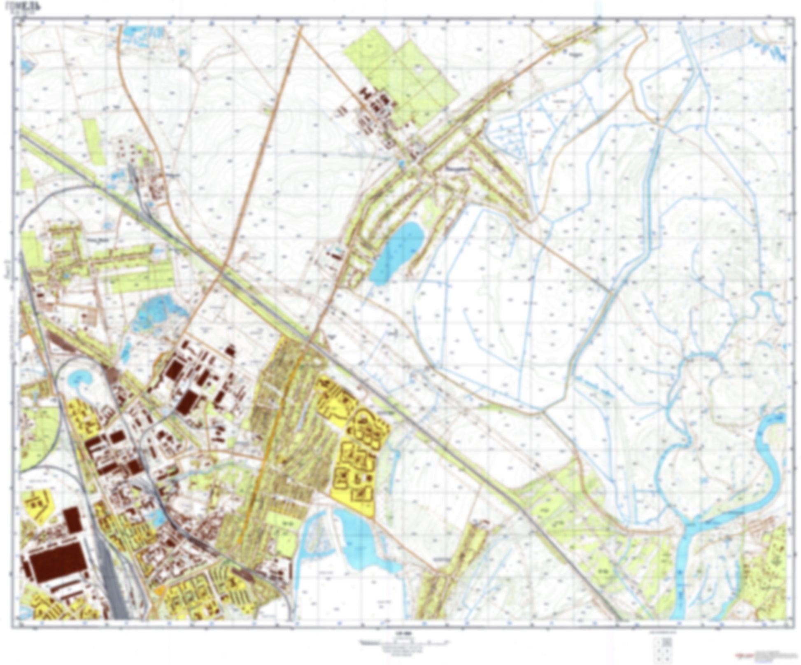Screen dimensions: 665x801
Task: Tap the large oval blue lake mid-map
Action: tap(397, 252)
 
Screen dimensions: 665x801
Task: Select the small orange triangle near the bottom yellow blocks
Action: tap(159, 592)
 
